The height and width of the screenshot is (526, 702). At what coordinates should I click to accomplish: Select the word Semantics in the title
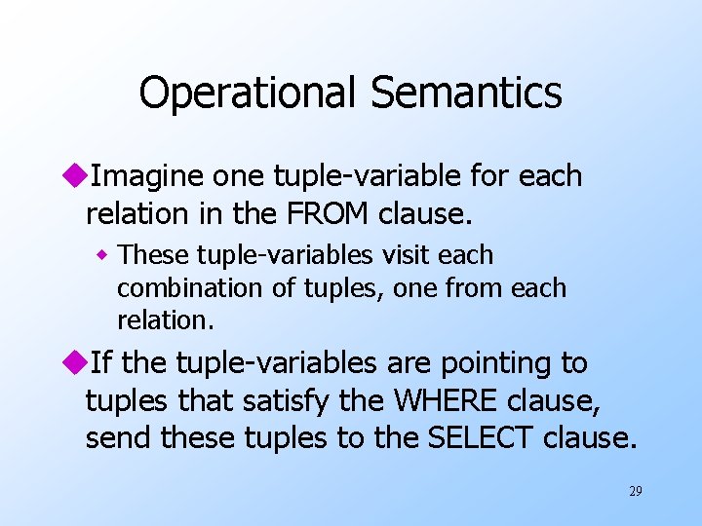pos(465,93)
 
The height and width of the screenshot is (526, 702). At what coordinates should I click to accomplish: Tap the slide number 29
pos(635,492)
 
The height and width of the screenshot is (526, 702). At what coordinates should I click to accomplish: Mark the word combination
pos(177,288)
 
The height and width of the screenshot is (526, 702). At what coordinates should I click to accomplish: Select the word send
pos(120,437)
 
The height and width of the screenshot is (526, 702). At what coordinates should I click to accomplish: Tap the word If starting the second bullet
pos(98,363)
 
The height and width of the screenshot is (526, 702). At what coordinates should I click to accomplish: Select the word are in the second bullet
pos(409,363)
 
